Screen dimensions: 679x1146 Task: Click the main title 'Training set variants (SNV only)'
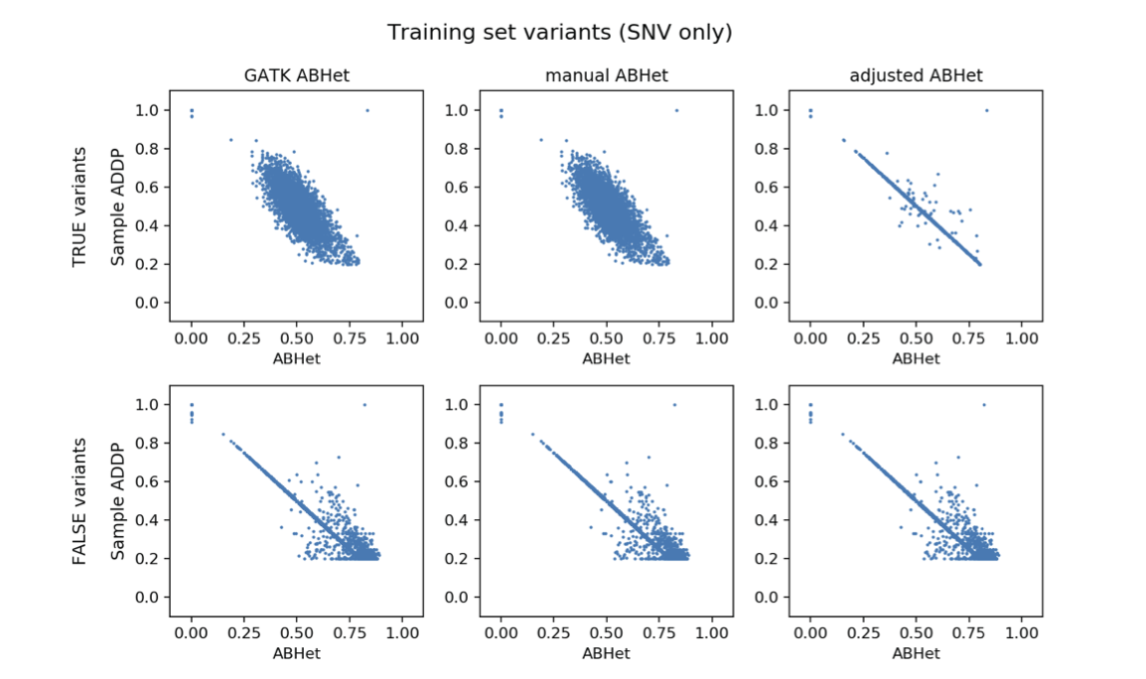[x=559, y=33]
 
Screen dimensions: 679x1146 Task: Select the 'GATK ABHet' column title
[x=296, y=75]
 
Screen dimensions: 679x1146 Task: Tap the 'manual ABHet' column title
[x=606, y=75]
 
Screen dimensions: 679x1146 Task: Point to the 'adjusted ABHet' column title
[x=916, y=75]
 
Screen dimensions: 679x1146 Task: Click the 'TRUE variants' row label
[x=79, y=206]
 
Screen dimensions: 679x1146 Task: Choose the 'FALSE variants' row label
[x=79, y=501]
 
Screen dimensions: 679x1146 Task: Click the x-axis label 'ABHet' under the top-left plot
[x=296, y=359]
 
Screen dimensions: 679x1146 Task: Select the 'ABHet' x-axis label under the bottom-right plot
[x=916, y=653]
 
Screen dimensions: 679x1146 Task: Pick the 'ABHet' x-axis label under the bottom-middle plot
[x=606, y=653]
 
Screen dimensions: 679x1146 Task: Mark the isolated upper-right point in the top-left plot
[x=366, y=110]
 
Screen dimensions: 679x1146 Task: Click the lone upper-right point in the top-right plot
[x=986, y=110]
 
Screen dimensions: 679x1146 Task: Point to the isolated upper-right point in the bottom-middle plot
[x=675, y=404]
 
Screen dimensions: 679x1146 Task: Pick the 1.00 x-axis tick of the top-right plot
[x=1022, y=339]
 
